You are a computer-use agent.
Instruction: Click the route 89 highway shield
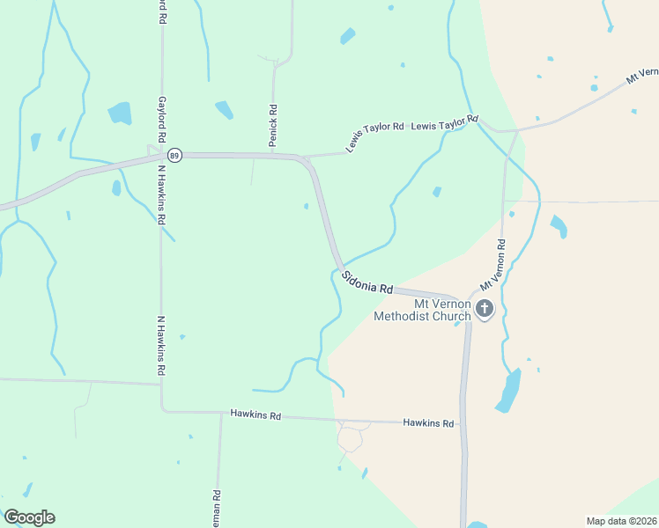tap(175, 154)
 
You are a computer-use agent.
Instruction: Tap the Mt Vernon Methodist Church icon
tap(484, 309)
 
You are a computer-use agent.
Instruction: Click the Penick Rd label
tap(274, 123)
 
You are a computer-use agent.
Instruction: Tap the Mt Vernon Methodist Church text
tap(423, 310)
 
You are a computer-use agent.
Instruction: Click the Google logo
tap(29, 517)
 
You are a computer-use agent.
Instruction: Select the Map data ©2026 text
tap(621, 520)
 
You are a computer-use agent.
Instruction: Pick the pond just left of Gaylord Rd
tap(119, 113)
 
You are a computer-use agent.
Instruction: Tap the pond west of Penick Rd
tap(224, 110)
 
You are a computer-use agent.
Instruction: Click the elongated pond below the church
tap(507, 391)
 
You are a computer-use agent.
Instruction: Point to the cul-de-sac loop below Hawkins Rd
tap(351, 437)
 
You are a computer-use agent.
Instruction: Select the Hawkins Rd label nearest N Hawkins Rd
tap(255, 414)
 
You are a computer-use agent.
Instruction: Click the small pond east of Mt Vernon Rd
tap(559, 225)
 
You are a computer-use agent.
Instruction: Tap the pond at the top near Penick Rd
tap(348, 36)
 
